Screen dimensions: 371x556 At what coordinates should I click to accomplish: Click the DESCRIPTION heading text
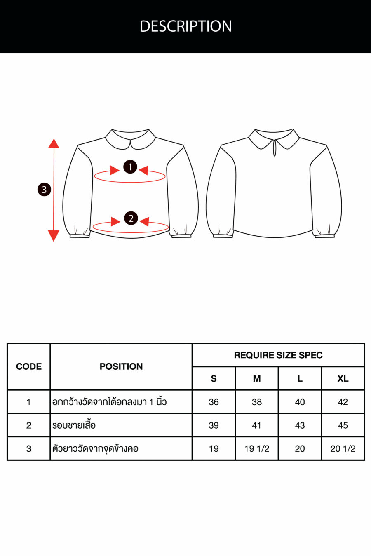(x=186, y=26)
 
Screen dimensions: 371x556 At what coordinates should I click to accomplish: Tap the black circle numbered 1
(x=130, y=167)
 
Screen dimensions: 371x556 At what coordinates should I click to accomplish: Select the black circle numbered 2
(x=131, y=218)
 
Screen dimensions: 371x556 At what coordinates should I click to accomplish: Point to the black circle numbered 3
(x=44, y=190)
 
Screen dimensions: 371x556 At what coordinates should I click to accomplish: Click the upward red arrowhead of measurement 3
(x=54, y=144)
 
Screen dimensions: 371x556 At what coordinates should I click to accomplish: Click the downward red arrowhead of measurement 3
(x=54, y=236)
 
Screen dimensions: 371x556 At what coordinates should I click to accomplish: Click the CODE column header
(x=29, y=366)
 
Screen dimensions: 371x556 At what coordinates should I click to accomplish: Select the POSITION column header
(x=121, y=366)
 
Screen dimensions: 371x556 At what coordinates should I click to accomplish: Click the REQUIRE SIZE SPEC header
(x=278, y=355)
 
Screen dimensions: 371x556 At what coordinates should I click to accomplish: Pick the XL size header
(x=343, y=378)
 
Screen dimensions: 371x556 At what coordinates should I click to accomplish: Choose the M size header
(x=257, y=378)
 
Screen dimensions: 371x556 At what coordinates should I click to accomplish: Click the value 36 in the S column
(x=214, y=402)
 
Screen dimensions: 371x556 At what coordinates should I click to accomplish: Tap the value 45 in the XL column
(x=343, y=425)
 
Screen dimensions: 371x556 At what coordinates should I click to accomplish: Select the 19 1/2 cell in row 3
(x=257, y=448)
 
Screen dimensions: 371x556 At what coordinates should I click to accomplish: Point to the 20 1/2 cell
(x=343, y=448)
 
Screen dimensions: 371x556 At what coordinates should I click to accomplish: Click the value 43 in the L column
(x=300, y=425)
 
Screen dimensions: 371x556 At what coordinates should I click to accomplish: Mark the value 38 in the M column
(x=257, y=402)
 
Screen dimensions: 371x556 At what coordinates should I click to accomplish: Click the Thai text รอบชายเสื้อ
(x=74, y=425)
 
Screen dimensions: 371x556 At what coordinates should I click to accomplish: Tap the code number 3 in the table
(x=29, y=448)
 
